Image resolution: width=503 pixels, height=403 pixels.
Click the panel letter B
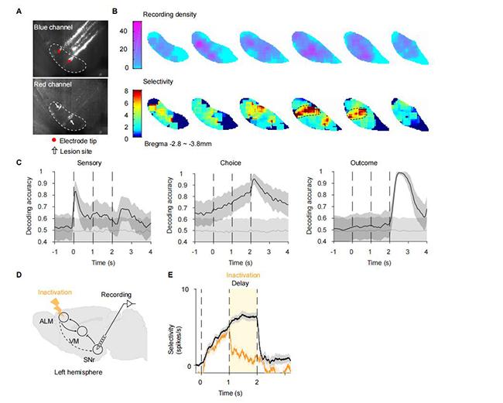115,11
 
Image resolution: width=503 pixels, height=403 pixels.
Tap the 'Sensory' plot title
77,164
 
